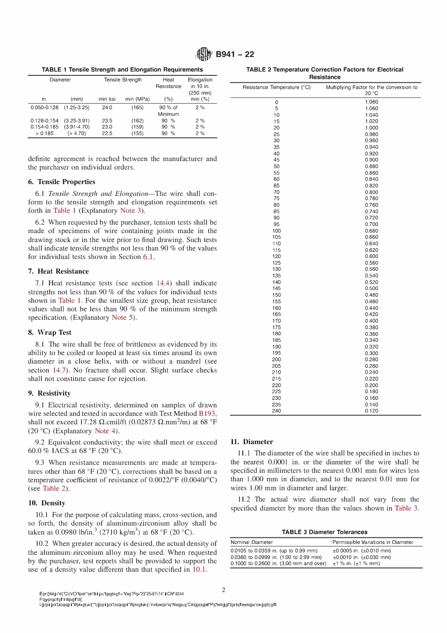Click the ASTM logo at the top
pyautogui.click(x=204, y=54)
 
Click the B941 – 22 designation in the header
pyautogui.click(x=235, y=54)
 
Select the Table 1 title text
pyautogui.click(x=122, y=69)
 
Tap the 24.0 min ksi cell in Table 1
pyautogui.click(x=107, y=107)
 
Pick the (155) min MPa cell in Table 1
pyautogui.click(x=137, y=133)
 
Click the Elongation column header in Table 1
pyautogui.click(x=200, y=80)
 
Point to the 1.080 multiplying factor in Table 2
pyautogui.click(x=371, y=102)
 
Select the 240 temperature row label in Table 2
pyautogui.click(x=276, y=411)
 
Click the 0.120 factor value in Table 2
pyautogui.click(x=371, y=411)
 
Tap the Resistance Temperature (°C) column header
pyautogui.click(x=276, y=87)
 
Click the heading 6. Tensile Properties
pyautogui.click(x=62, y=182)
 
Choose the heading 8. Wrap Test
pyautogui.click(x=49, y=332)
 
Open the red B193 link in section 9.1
pyautogui.click(x=207, y=414)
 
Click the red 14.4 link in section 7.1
pyautogui.click(x=163, y=283)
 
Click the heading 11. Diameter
pyautogui.click(x=252, y=442)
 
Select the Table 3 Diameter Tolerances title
pyautogui.click(x=325, y=532)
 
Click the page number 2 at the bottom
pyautogui.click(x=223, y=590)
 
